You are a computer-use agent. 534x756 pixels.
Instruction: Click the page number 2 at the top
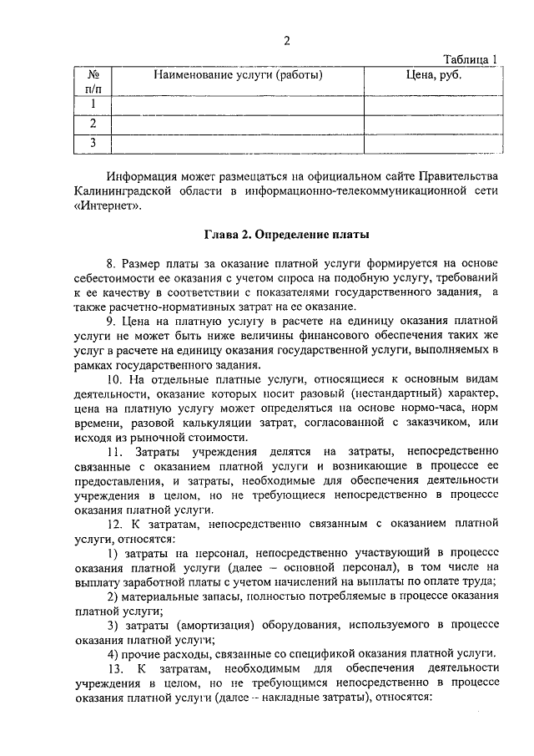pos(285,41)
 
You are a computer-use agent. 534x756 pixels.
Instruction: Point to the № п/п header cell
pos(93,81)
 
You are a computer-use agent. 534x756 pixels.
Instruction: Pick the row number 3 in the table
pos(93,144)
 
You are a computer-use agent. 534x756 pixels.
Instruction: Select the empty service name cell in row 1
pos(238,104)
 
